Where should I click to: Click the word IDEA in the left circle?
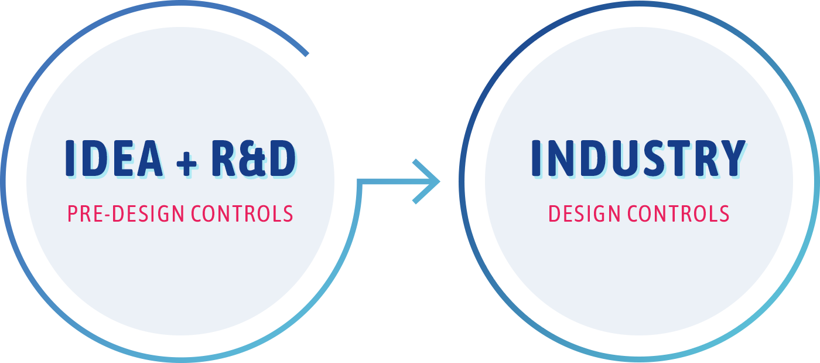[x=114, y=159]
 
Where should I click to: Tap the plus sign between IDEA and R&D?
[x=186, y=163]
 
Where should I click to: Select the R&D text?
[x=254, y=159]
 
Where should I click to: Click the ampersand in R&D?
[x=255, y=160]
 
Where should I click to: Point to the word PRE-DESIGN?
[x=125, y=214]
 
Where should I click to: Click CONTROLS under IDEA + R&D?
[x=242, y=214]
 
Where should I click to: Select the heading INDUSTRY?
[x=639, y=159]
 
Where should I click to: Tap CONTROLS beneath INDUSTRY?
[x=678, y=214]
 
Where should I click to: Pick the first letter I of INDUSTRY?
[x=537, y=158]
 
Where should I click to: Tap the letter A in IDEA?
[x=150, y=158]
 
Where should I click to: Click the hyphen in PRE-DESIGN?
[x=108, y=215]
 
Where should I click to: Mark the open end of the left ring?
[x=307, y=55]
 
